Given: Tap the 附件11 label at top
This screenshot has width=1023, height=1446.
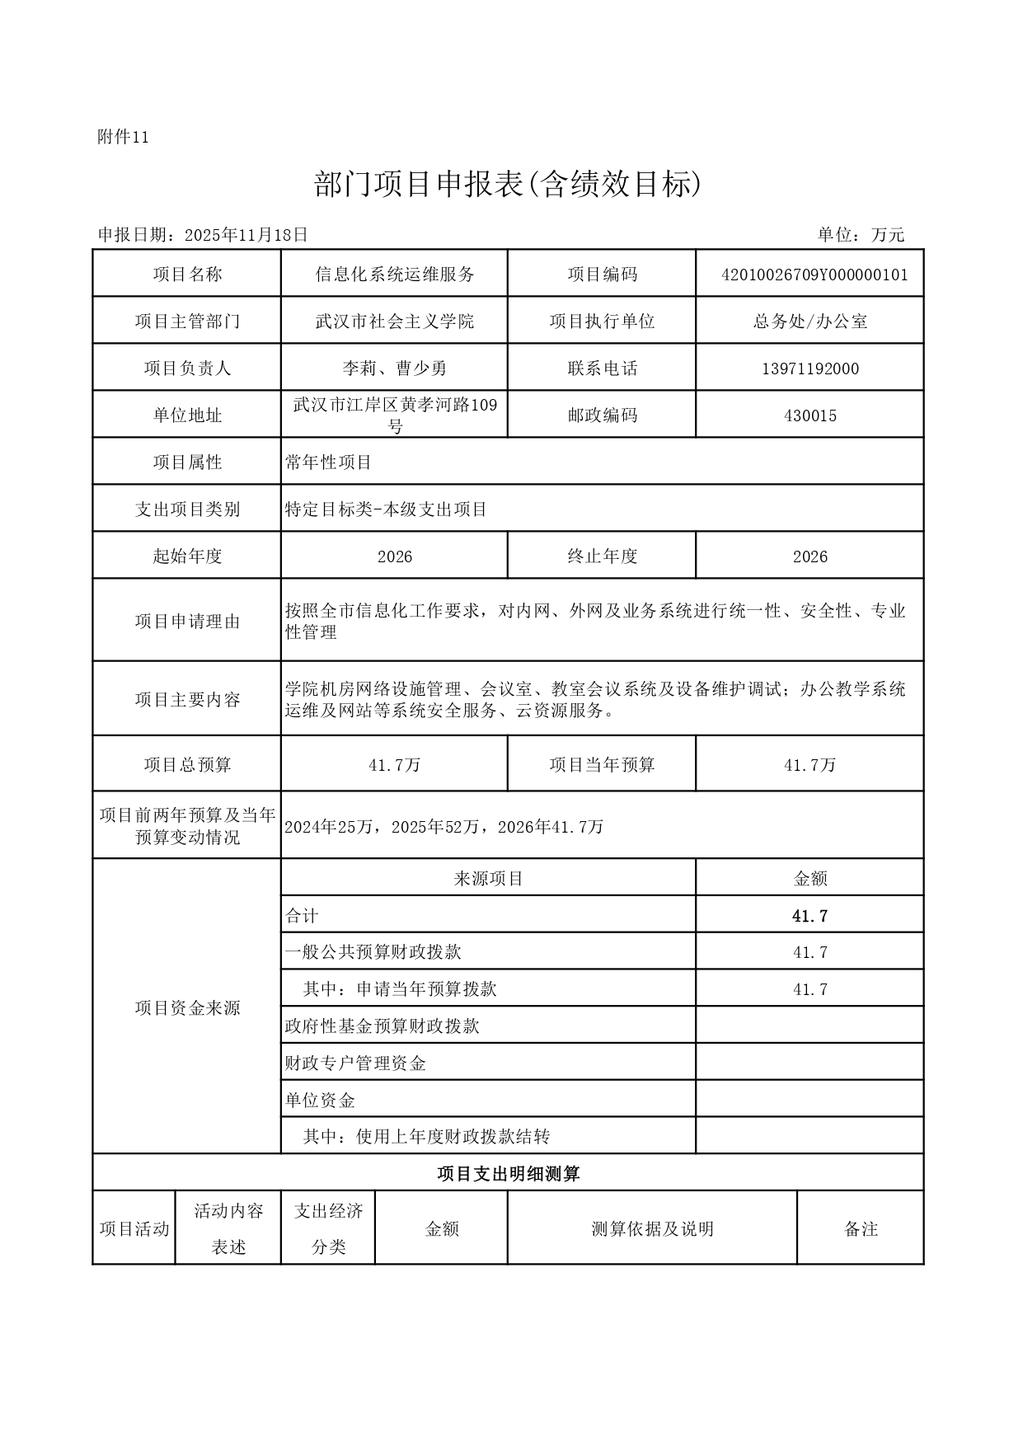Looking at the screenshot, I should pos(123,138).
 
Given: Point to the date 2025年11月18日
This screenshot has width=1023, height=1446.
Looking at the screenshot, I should pos(246,235).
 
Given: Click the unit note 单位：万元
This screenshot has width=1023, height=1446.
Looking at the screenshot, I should pos(861,235).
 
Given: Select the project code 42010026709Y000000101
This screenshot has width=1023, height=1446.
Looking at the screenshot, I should pos(814,275).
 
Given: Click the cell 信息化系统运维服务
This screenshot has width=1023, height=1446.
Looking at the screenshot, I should pos(395,275).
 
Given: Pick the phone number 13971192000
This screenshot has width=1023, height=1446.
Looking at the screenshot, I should pos(809,369).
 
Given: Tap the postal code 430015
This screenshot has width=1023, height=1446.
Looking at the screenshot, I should pos(809,415).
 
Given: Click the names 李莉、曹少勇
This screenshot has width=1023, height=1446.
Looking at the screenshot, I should pos(395,369).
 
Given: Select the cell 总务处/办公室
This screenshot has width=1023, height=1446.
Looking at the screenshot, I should pos(809,322).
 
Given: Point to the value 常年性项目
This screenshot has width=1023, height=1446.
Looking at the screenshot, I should pos(329,462).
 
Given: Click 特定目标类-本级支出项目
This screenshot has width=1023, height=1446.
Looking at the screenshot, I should pos(386,509).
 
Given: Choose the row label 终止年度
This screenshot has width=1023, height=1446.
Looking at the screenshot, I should pos(602,556).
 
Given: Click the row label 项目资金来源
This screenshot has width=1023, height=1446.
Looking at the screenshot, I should pos(187,1007).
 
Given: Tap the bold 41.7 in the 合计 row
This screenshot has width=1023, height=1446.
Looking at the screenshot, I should pos(809,916).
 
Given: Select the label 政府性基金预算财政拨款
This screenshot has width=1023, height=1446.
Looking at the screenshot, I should pos(382,1026).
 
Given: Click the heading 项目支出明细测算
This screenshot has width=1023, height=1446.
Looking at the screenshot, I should pos(508,1173).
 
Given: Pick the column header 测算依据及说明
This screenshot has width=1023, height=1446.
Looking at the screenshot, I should pos(652,1229).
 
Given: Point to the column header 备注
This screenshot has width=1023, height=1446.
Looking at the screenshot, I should pos(861,1229).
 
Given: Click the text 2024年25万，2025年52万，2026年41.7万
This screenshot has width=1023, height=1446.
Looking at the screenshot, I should pos(443,826).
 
